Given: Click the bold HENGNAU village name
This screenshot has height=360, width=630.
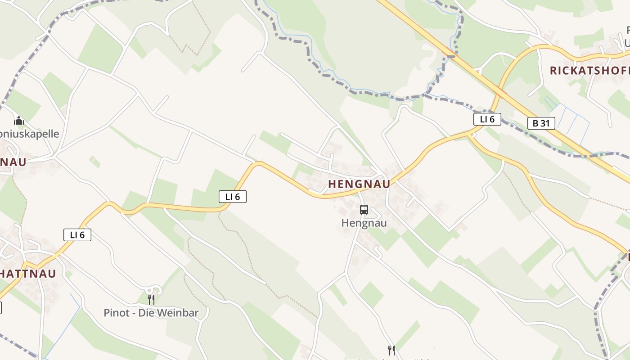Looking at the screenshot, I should [x=359, y=184].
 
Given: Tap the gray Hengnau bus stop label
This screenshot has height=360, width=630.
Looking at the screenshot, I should [x=364, y=223].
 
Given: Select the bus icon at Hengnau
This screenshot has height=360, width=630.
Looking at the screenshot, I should [x=364, y=209].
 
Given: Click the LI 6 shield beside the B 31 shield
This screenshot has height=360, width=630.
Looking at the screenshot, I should [x=487, y=119].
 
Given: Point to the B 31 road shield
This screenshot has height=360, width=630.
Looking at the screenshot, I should [x=541, y=123].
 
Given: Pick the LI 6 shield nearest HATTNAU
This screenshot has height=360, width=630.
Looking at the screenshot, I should [x=77, y=234].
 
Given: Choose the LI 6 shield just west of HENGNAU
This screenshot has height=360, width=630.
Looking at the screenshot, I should [x=233, y=196].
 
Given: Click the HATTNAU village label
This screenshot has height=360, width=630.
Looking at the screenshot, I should [x=28, y=274].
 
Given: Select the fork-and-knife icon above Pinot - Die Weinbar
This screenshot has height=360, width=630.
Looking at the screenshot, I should [x=151, y=299].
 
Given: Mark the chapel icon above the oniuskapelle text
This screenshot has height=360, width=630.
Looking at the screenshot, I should [x=19, y=121].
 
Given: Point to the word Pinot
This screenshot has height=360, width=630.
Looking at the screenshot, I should [x=117, y=313].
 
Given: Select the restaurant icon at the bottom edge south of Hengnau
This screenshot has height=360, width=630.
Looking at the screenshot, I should [x=391, y=350].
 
